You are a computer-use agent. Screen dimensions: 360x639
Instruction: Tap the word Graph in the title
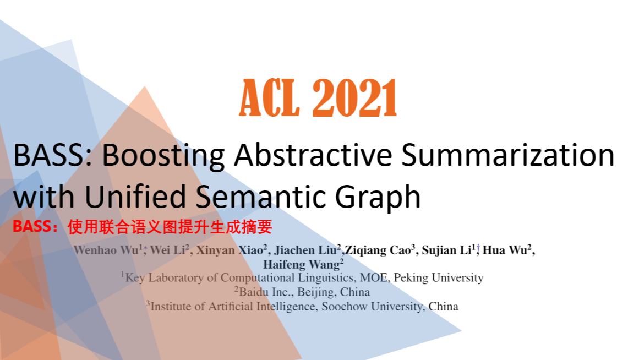click(x=374, y=197)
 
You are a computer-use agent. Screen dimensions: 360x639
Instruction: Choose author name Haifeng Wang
click(x=301, y=264)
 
